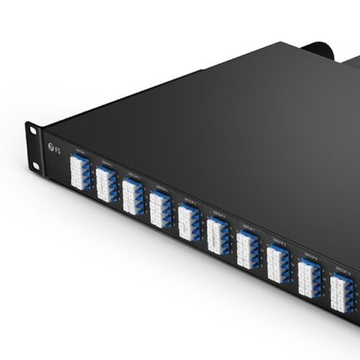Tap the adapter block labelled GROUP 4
pyautogui.click(x=160, y=209)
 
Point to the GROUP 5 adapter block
pyautogui.click(x=189, y=222)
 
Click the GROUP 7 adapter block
pyautogui.click(x=248, y=248)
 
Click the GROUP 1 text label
pyautogui.click(x=80, y=152)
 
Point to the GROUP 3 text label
pyautogui.click(x=132, y=172)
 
